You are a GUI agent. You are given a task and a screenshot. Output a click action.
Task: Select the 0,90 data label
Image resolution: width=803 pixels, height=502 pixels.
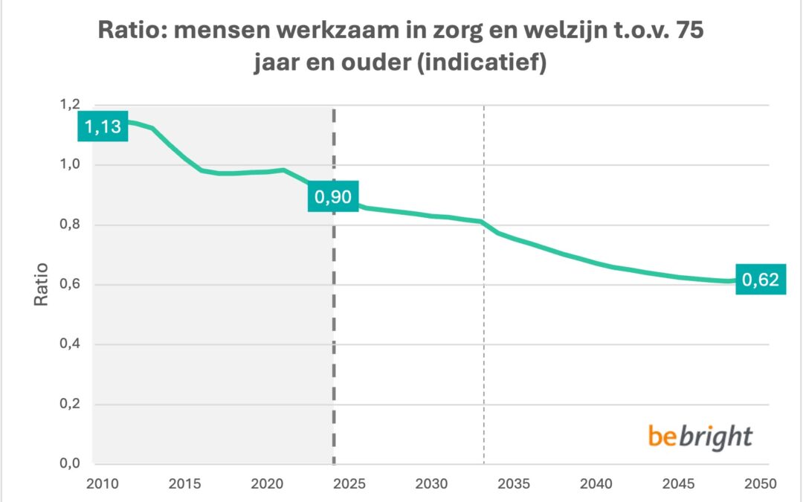click(x=333, y=198)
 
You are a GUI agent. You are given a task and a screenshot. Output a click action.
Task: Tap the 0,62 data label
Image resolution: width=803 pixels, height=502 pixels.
click(x=761, y=280)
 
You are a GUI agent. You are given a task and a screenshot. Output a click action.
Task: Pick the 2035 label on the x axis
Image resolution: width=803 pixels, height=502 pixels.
click(x=513, y=483)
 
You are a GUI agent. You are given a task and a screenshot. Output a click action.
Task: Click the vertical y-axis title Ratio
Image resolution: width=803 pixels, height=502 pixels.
click(x=42, y=284)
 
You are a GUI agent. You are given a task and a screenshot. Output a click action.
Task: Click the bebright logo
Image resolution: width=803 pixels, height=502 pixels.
click(x=700, y=436)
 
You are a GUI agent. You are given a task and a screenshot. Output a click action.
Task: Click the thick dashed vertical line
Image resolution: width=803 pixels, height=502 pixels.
click(x=333, y=335)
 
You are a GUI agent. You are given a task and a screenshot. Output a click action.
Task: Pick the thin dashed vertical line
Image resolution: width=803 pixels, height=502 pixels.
click(x=484, y=335)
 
